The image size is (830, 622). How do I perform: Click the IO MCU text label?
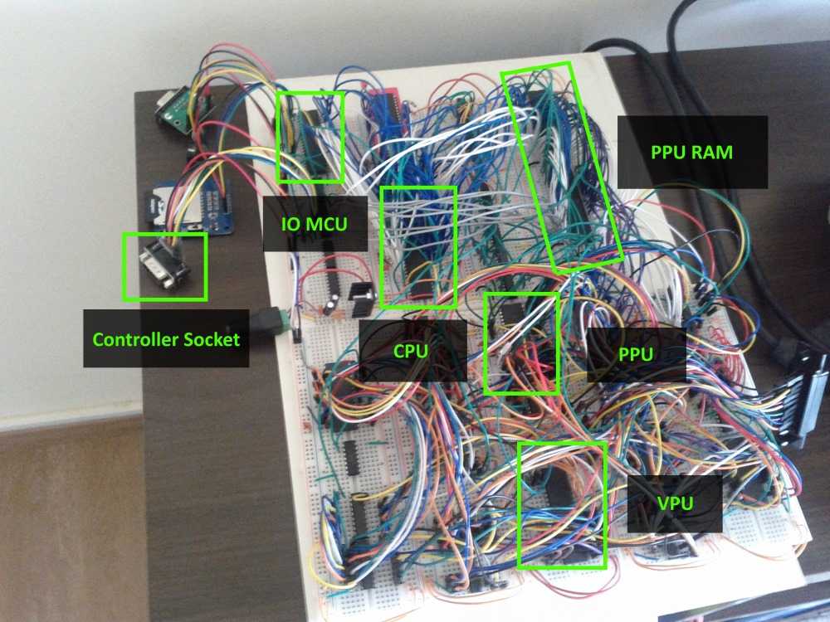(315, 224)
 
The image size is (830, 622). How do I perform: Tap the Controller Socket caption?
(166, 339)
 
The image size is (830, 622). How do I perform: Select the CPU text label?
(411, 351)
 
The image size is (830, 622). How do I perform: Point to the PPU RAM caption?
(692, 153)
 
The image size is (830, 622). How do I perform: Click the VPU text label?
(673, 502)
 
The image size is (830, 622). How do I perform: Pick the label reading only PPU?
(637, 354)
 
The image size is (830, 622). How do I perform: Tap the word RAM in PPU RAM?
(718, 153)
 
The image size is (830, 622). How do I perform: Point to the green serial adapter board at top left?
(178, 108)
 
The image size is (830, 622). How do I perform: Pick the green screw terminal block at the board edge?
(279, 320)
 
